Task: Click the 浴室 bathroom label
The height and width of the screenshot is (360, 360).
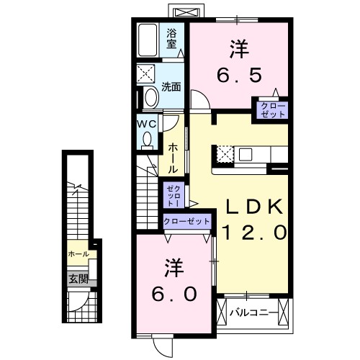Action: coord(172,37)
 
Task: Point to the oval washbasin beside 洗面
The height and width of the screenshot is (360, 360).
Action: coord(150,96)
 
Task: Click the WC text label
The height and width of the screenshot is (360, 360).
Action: coord(147,123)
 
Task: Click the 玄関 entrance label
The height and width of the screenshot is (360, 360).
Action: coord(78,279)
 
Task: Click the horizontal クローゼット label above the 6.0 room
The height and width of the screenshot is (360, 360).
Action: coord(186,222)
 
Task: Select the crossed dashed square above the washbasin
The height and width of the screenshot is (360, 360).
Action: coord(148,75)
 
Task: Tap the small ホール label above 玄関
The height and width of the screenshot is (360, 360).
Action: coord(78,254)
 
